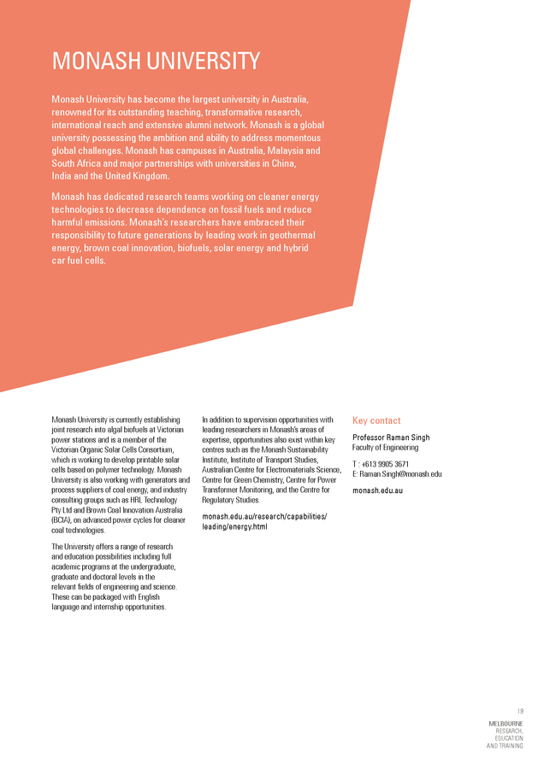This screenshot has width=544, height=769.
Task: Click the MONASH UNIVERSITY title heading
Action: pyautogui.click(x=156, y=62)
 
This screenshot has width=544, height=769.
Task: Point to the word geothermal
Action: pyautogui.click(x=287, y=235)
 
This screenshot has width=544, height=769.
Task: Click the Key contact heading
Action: pyautogui.click(x=376, y=420)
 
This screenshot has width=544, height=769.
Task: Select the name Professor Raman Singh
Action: pyautogui.click(x=391, y=437)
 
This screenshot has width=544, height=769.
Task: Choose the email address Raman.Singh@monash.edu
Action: pyautogui.click(x=400, y=474)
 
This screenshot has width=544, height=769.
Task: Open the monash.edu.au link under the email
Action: pyautogui.click(x=377, y=490)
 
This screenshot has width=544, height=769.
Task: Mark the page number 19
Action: pyautogui.click(x=519, y=711)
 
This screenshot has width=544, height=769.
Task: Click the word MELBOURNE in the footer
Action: pyautogui.click(x=506, y=724)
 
